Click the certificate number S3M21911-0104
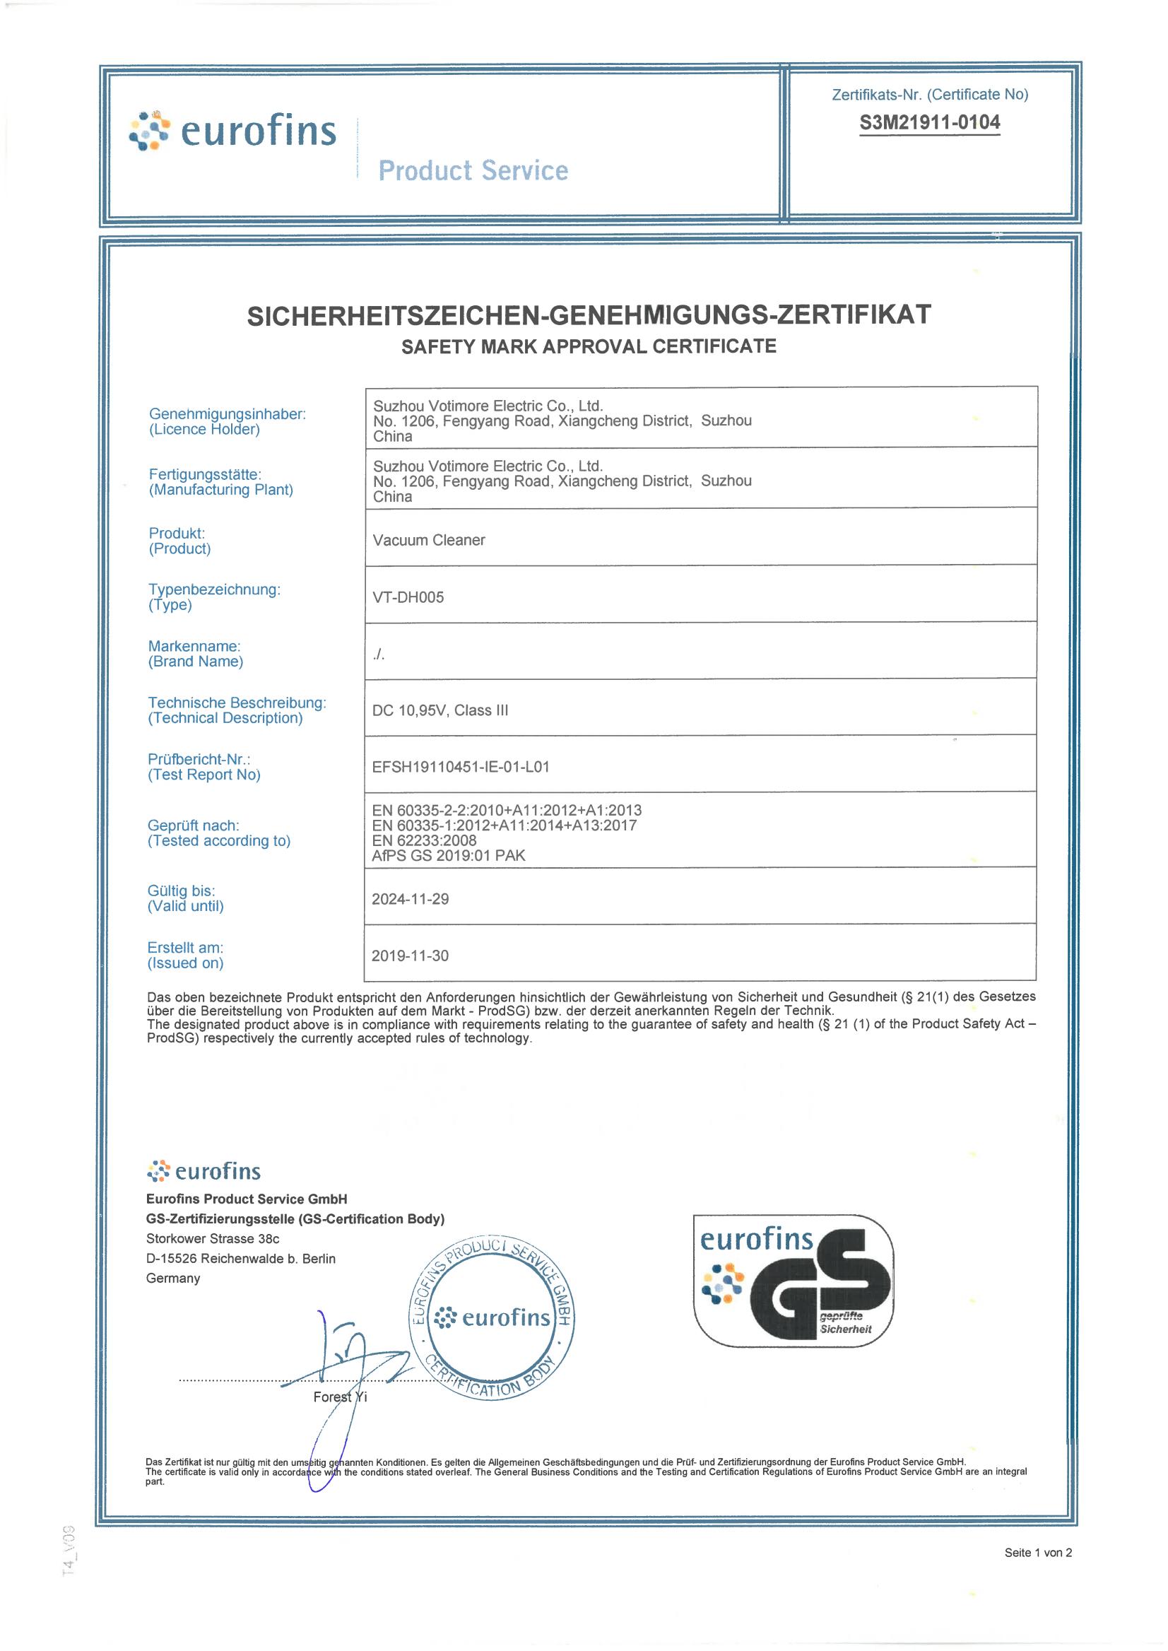click(x=929, y=122)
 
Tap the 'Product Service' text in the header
click(x=473, y=170)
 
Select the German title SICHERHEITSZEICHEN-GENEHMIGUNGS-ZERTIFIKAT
click(x=589, y=315)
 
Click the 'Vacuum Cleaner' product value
click(x=429, y=540)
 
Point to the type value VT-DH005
click(x=408, y=597)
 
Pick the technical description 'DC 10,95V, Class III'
click(x=440, y=710)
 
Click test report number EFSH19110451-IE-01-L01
click(x=460, y=767)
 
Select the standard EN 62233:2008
click(x=424, y=840)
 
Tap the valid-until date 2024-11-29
click(x=410, y=899)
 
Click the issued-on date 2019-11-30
click(x=410, y=956)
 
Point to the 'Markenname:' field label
click(x=194, y=646)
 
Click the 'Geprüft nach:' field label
click(x=193, y=825)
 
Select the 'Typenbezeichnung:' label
click(x=214, y=589)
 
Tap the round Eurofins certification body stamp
click(x=492, y=1317)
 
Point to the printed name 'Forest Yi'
click(x=339, y=1397)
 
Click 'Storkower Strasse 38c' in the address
click(x=212, y=1239)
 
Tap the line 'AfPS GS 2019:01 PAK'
click(x=448, y=855)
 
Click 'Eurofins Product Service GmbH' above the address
click(x=246, y=1199)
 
